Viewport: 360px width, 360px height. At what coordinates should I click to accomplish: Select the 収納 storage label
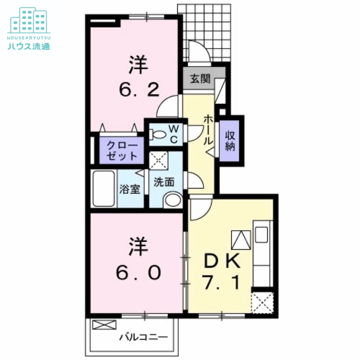[231, 141]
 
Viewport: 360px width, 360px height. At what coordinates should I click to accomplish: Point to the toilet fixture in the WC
[158, 134]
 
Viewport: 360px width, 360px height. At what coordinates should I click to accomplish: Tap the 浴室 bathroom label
[130, 189]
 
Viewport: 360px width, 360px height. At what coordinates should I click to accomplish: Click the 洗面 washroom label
[164, 183]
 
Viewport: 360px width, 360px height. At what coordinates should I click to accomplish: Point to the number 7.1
[219, 283]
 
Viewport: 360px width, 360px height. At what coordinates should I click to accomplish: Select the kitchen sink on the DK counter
[261, 234]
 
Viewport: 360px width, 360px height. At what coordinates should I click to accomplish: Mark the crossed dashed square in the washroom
[158, 160]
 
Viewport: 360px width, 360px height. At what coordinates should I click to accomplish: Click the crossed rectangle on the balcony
[104, 324]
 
